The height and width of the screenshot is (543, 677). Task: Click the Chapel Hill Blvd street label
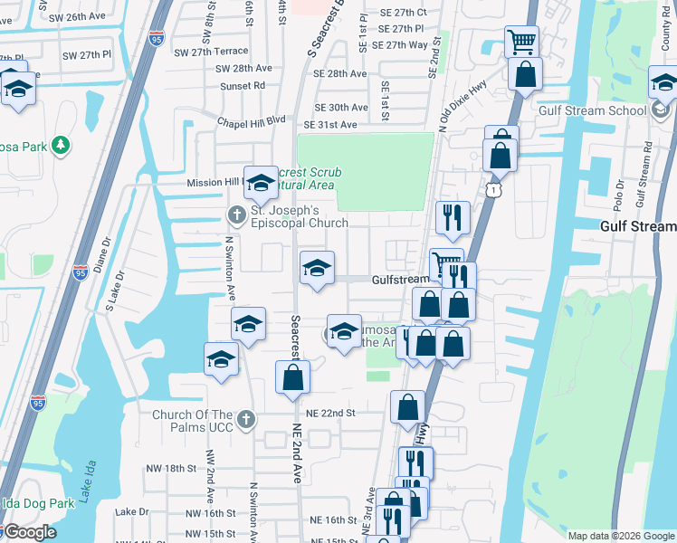point(251,121)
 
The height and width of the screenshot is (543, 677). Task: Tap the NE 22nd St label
point(333,413)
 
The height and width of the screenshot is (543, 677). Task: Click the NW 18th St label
point(172,468)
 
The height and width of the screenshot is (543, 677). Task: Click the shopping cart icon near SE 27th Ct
point(521,42)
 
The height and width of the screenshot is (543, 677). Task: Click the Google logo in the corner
point(29,532)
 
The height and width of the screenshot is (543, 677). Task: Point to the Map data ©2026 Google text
point(619,536)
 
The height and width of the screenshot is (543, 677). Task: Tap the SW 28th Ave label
point(243,69)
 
